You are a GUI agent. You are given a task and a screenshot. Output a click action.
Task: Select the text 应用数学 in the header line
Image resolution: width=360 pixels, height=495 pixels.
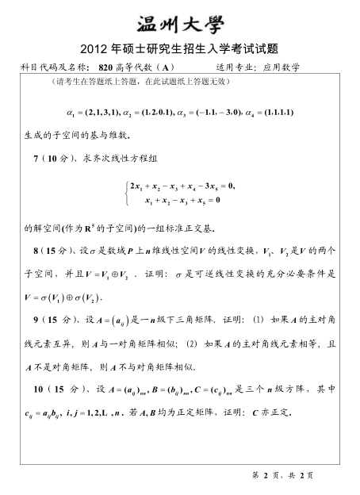coord(281,68)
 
